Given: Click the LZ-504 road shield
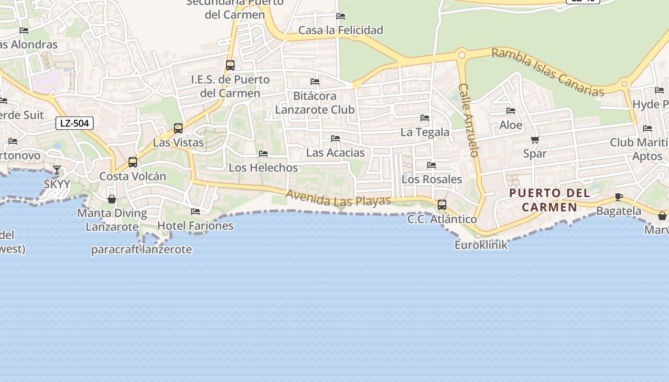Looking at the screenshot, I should (x=75, y=123).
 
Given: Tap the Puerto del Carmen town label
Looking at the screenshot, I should (x=549, y=200).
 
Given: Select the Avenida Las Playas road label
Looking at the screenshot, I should (x=338, y=198).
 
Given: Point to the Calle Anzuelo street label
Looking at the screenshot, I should (x=468, y=120).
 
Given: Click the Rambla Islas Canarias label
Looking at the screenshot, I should (x=548, y=72).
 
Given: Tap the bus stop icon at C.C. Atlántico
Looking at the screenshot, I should (x=442, y=205).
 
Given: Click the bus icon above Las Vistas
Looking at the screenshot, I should (x=178, y=128).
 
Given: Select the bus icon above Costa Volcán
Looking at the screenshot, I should (x=133, y=162).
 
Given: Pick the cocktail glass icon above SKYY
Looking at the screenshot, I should (x=57, y=170).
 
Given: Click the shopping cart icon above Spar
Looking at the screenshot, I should (x=535, y=140).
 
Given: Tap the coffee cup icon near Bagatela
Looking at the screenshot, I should (x=619, y=197).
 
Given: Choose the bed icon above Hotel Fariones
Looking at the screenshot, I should (x=195, y=211).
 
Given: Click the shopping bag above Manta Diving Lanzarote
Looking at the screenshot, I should (x=112, y=199).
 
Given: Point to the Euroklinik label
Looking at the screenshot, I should (x=481, y=245).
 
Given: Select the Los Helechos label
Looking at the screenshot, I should (x=263, y=168).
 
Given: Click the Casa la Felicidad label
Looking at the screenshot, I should (x=341, y=30).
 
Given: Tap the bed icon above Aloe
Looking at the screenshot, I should (x=511, y=111).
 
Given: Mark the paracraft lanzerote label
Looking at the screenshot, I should (x=141, y=249).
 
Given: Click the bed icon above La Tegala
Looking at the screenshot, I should (x=425, y=118).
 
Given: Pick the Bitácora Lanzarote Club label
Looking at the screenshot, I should (x=315, y=103).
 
